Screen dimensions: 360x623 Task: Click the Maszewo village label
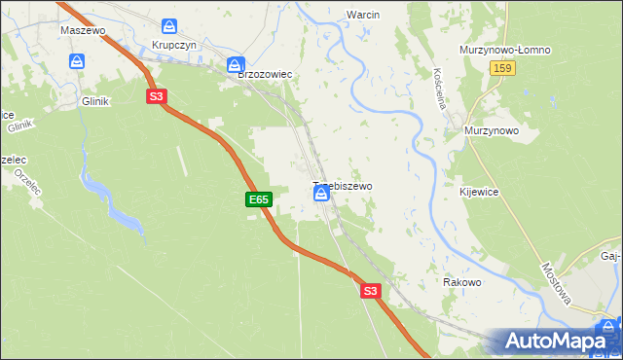[x=82, y=30]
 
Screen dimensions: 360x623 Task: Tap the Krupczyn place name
[x=174, y=47]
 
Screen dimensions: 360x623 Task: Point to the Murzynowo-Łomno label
[x=505, y=49]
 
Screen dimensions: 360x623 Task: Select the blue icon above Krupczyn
[x=171, y=25]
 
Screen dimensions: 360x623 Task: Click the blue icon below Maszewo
[x=78, y=61]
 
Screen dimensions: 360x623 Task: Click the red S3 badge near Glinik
[x=157, y=96]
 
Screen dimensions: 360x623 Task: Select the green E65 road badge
[x=257, y=199]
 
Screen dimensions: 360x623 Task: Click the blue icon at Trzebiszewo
[x=320, y=195]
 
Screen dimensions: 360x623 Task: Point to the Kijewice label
[x=479, y=193]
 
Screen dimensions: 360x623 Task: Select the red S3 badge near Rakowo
[x=370, y=290]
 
